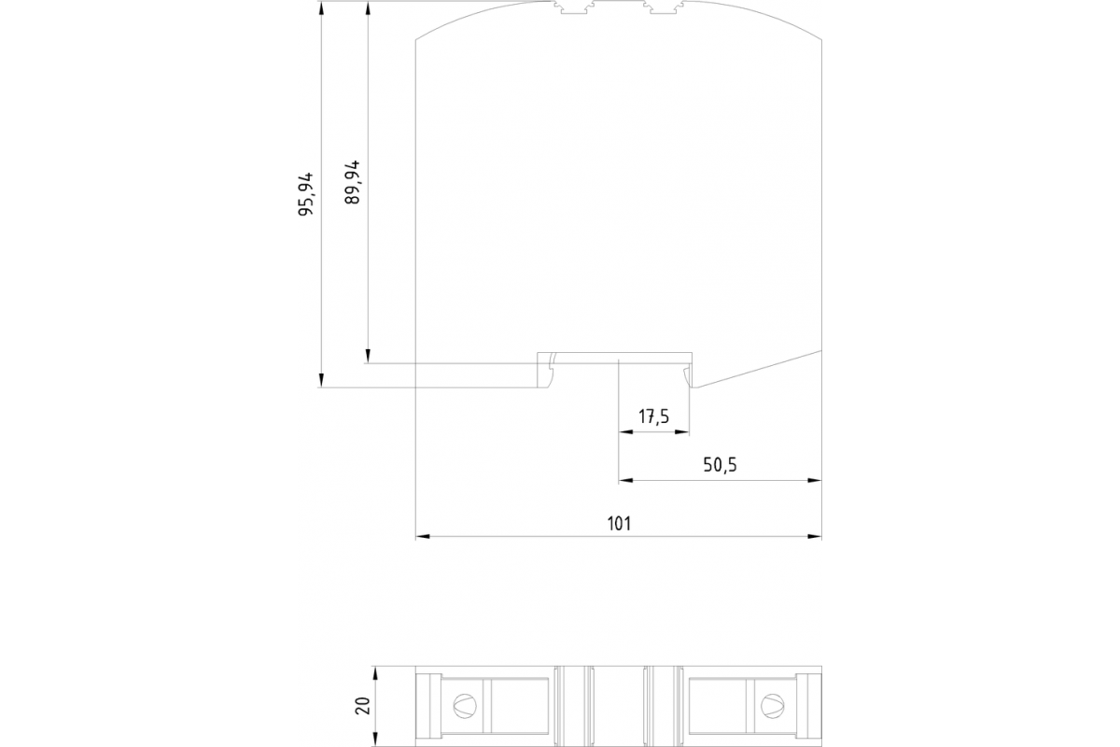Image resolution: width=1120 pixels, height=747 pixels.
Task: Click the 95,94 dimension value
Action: pyautogui.click(x=305, y=193)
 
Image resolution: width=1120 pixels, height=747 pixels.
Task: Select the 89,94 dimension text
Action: pyautogui.click(x=352, y=182)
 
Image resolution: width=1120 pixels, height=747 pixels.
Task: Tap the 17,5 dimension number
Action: pyautogui.click(x=654, y=416)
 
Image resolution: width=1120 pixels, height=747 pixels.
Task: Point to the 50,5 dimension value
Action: pyautogui.click(x=720, y=465)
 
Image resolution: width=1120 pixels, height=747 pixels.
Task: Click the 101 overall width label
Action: pyautogui.click(x=619, y=523)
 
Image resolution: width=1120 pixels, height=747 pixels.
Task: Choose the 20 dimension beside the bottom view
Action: pyautogui.click(x=362, y=706)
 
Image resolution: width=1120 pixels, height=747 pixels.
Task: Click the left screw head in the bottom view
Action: pyautogui.click(x=465, y=706)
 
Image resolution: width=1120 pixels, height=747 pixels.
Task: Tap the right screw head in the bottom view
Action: pyautogui.click(x=773, y=706)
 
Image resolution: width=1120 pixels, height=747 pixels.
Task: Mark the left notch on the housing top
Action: pyautogui.click(x=573, y=7)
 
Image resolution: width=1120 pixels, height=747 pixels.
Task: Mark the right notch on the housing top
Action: pyautogui.click(x=664, y=7)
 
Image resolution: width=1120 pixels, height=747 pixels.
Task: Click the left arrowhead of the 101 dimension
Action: pyautogui.click(x=423, y=537)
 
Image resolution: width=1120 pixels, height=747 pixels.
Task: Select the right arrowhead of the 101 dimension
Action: pyautogui.click(x=815, y=537)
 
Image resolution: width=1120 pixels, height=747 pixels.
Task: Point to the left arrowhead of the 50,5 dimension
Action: pyautogui.click(x=626, y=480)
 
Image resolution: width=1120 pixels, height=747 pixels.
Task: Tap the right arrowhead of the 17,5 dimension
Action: pyautogui.click(x=682, y=431)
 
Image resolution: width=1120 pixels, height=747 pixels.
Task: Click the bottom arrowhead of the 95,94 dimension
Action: pyautogui.click(x=321, y=380)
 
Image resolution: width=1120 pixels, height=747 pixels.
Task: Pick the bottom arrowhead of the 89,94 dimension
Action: pyautogui.click(x=368, y=356)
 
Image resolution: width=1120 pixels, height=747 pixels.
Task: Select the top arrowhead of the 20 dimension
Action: pyautogui.click(x=375, y=673)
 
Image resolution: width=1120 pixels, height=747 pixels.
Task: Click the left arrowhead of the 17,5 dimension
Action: pyautogui.click(x=626, y=431)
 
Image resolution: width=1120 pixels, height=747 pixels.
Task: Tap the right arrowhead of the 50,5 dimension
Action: pyautogui.click(x=815, y=480)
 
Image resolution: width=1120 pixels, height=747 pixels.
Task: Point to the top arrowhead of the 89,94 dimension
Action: pyautogui.click(x=368, y=8)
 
